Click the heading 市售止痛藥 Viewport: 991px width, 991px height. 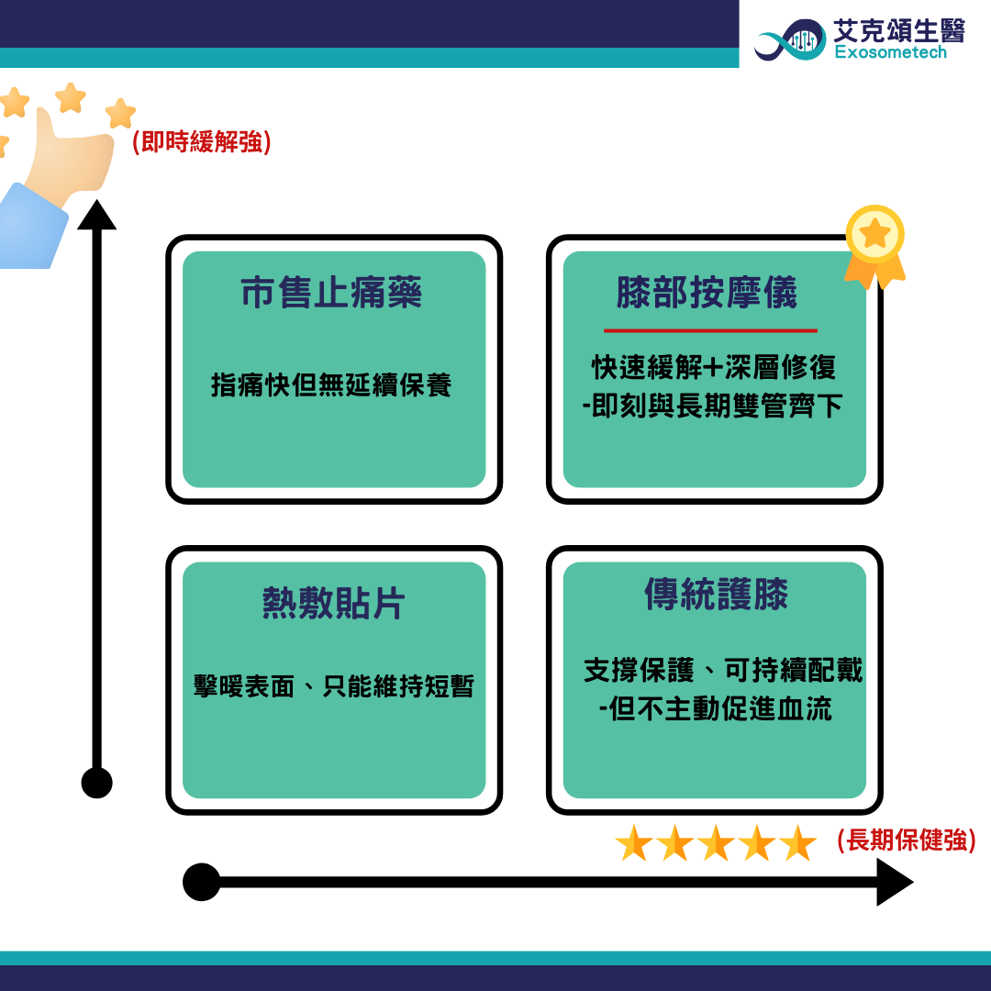coord(331,293)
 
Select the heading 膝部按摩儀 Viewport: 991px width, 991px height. coord(707,293)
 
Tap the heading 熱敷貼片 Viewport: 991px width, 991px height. coord(334,603)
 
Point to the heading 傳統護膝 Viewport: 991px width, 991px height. coord(716,594)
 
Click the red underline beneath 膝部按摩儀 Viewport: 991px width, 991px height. coord(710,330)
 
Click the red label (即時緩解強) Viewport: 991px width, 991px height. coord(202,141)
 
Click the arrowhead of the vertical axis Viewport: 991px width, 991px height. coord(96,215)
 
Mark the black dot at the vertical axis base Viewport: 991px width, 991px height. coord(96,783)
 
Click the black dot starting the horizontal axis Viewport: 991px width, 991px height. coord(202,882)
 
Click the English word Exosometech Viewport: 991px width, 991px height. coord(890,51)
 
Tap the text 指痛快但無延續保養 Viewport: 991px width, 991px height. coord(331,384)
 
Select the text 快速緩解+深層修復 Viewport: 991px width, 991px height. coord(714,367)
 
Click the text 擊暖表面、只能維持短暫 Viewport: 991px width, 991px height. coord(334,686)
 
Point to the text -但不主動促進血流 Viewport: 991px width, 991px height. coord(715,708)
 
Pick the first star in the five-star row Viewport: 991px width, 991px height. coord(634,843)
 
